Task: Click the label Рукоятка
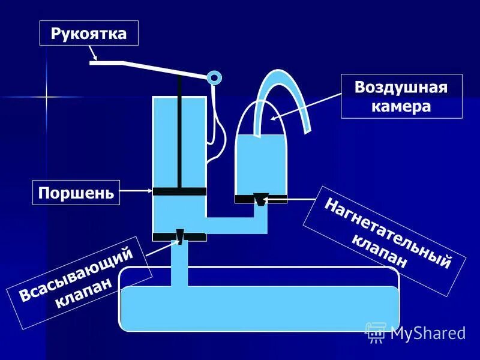tap(88, 33)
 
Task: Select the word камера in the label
tap(401, 106)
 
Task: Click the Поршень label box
tap(75, 192)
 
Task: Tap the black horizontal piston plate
tap(179, 191)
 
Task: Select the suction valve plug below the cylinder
tap(179, 236)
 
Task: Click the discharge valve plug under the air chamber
tap(260, 199)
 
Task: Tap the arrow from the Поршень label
tap(136, 191)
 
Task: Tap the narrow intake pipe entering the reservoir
tap(179, 264)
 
